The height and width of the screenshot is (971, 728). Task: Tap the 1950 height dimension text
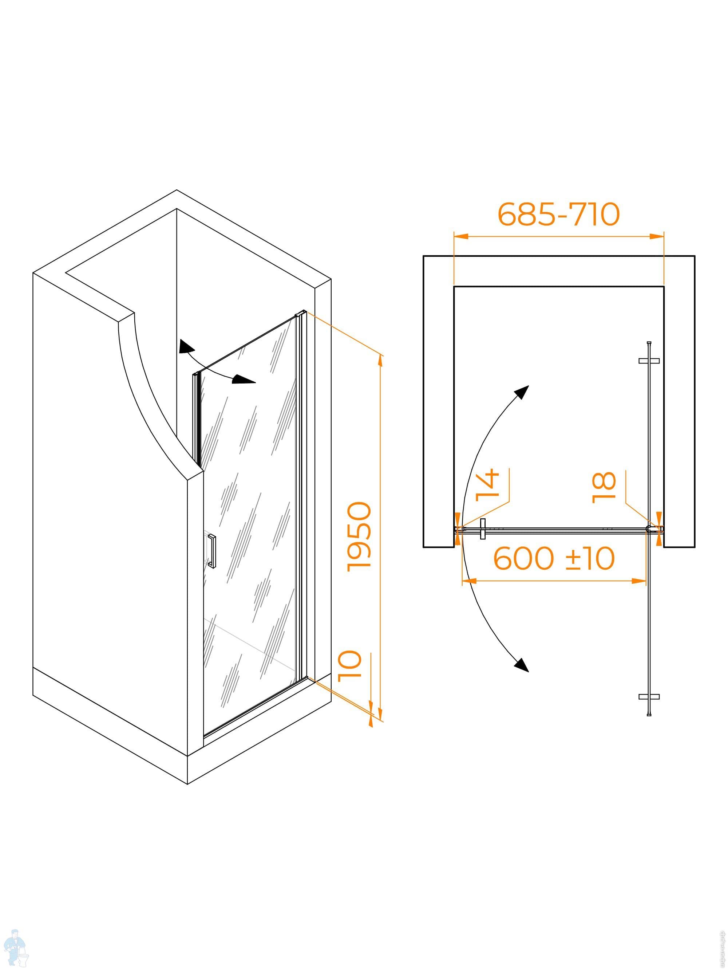359,536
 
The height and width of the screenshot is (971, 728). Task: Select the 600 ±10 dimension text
554,558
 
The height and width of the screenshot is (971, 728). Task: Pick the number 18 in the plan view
604,487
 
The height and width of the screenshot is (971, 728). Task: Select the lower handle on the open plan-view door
649,697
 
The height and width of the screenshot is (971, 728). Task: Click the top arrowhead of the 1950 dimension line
380,359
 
